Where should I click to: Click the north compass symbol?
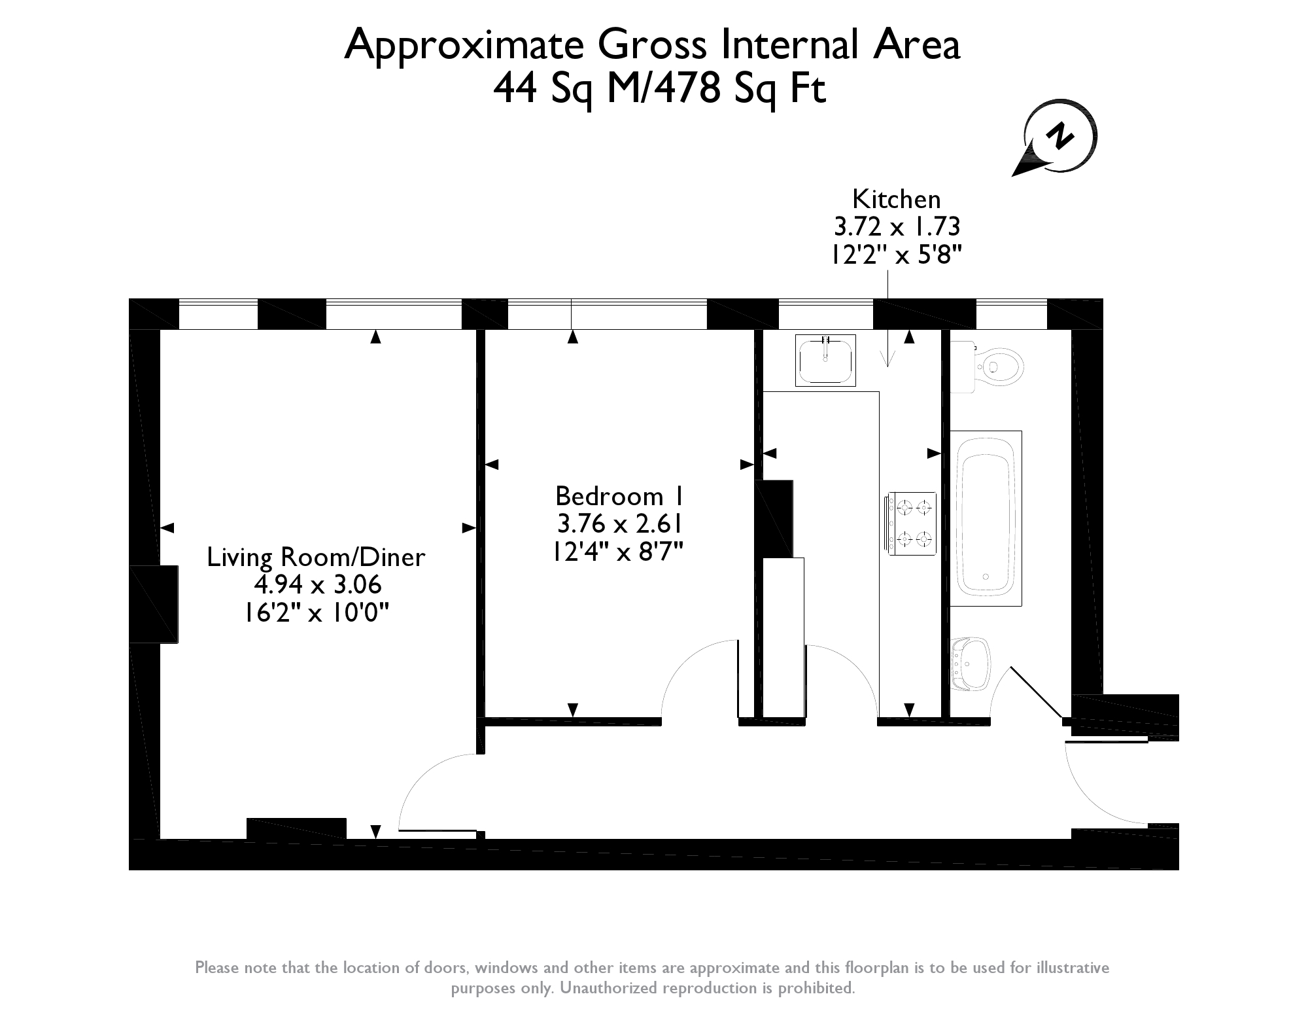tap(1054, 138)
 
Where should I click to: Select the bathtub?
tap(986, 518)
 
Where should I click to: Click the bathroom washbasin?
tap(971, 665)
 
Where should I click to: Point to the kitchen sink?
tap(825, 360)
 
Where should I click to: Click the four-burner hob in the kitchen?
tap(911, 523)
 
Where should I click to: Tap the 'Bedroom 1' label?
tap(619, 497)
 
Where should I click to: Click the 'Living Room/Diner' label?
tap(316, 557)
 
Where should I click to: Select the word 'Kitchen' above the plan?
tap(896, 199)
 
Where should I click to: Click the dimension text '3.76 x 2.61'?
tap(619, 524)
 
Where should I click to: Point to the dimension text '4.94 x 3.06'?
tap(318, 584)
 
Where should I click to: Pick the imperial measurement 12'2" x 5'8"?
tap(896, 254)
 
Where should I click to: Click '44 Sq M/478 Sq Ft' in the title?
tap(659, 89)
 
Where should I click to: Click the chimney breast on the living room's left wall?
tap(154, 604)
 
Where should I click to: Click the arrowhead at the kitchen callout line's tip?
tap(887, 359)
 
